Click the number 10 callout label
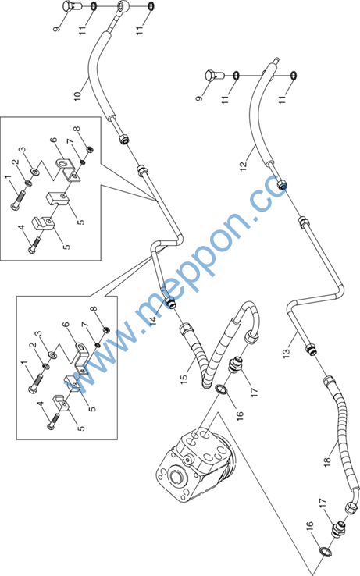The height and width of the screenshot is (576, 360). (77, 94)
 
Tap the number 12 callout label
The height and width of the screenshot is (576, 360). (244, 164)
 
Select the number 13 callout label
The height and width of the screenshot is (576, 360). (287, 352)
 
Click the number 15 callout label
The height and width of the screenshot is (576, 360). (184, 379)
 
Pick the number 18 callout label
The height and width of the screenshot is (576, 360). (328, 461)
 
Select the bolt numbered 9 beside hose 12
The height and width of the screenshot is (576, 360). (213, 75)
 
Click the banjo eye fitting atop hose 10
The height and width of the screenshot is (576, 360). (123, 5)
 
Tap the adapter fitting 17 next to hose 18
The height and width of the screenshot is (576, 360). (338, 530)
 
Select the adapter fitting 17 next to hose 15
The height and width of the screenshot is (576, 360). (235, 364)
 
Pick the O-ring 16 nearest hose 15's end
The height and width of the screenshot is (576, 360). (221, 389)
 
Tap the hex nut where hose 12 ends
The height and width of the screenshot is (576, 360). (282, 185)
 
